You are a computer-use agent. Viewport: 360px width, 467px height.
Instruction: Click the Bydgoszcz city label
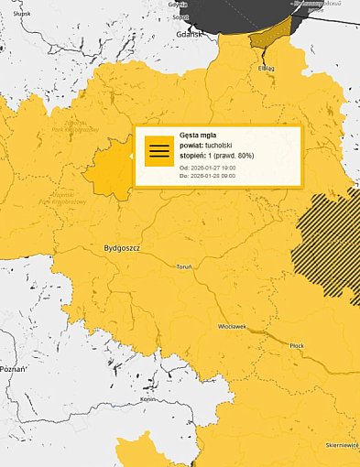click(x=115, y=248)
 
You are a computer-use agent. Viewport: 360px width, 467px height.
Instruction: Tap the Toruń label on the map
click(x=183, y=266)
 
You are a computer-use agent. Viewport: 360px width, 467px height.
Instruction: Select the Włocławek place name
click(x=232, y=326)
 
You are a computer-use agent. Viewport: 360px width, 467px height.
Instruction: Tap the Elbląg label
click(x=267, y=67)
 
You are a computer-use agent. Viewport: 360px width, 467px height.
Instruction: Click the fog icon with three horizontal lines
click(x=159, y=151)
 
